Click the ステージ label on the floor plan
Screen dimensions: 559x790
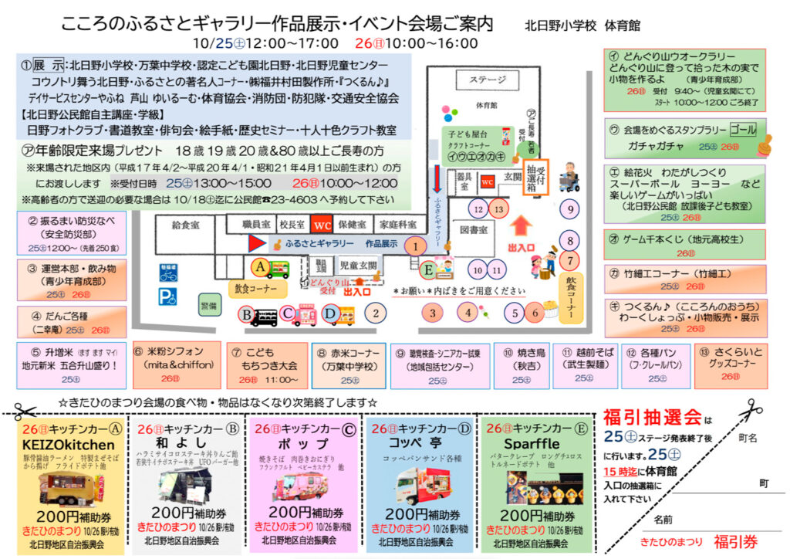488,80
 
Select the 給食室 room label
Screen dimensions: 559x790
187,225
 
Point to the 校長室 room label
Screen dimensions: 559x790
292,225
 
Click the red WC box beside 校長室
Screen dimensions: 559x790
321,225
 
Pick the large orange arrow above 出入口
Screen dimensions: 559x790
522,227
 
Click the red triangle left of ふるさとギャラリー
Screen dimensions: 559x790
255,243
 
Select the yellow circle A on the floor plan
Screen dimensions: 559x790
260,265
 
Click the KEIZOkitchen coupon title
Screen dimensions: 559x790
69,445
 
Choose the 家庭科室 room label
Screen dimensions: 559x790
395,225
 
